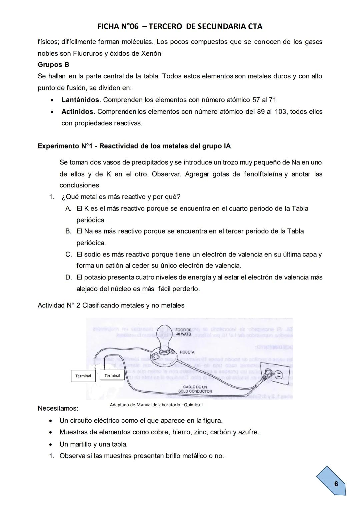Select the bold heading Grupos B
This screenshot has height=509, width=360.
(53, 65)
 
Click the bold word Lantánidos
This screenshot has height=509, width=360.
(80, 100)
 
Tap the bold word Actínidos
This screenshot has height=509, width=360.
(77, 111)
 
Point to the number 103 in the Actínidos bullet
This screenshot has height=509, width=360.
(281, 111)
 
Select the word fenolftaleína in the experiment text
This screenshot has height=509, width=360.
(263, 174)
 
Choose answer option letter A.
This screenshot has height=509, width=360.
(68, 208)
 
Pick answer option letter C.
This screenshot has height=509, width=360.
(68, 255)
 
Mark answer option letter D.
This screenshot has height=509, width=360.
(68, 277)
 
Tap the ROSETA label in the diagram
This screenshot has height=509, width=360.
(187, 352)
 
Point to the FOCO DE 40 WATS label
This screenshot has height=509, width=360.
(183, 332)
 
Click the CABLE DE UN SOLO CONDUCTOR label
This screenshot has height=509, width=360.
(195, 389)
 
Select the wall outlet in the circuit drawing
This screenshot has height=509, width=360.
(278, 375)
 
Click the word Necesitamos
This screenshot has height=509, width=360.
(58, 408)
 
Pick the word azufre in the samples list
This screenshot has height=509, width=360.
(248, 432)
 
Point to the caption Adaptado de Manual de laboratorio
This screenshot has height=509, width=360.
(156, 405)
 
